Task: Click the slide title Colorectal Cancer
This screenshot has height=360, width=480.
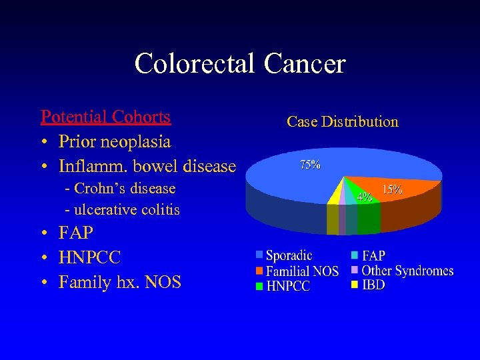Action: click(240, 64)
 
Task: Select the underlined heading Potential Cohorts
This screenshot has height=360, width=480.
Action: click(105, 117)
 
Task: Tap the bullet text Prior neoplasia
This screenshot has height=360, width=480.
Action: click(114, 141)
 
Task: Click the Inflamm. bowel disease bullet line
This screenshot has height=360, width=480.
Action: click(147, 165)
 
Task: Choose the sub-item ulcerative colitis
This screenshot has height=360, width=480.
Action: click(122, 210)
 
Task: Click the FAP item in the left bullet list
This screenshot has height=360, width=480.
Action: click(75, 233)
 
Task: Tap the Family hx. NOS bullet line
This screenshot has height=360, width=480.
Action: click(119, 282)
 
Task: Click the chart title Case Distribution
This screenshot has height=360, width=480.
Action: click(342, 122)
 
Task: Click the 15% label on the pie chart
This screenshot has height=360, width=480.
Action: click(391, 189)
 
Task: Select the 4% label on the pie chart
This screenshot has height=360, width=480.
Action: click(364, 197)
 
